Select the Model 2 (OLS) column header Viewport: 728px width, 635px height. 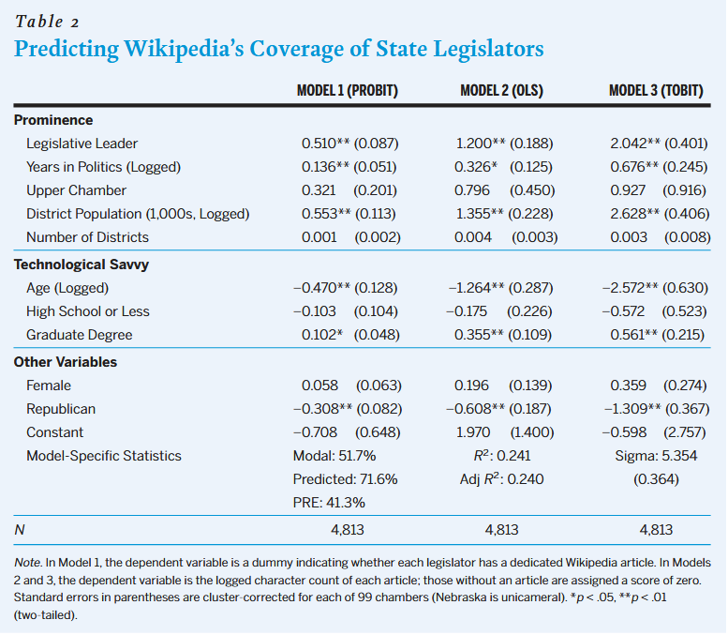pos(501,91)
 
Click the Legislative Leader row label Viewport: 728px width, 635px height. pos(82,144)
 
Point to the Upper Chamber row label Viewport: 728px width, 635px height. pos(76,190)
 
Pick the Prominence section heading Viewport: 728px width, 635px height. pos(53,120)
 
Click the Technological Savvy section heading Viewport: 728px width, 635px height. pos(81,265)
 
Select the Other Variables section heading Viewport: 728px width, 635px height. pos(66,361)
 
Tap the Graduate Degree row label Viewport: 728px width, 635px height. pos(79,335)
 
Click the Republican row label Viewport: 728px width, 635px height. pos(61,409)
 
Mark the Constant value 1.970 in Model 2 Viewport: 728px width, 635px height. pos(473,432)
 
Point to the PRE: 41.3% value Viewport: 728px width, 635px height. pos(329,502)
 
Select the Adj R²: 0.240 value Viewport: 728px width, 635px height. pos(498,479)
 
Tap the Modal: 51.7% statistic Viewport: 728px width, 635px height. pos(334,456)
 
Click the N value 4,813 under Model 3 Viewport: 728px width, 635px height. pos(656,530)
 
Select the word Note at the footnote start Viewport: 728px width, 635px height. pos(29,562)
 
